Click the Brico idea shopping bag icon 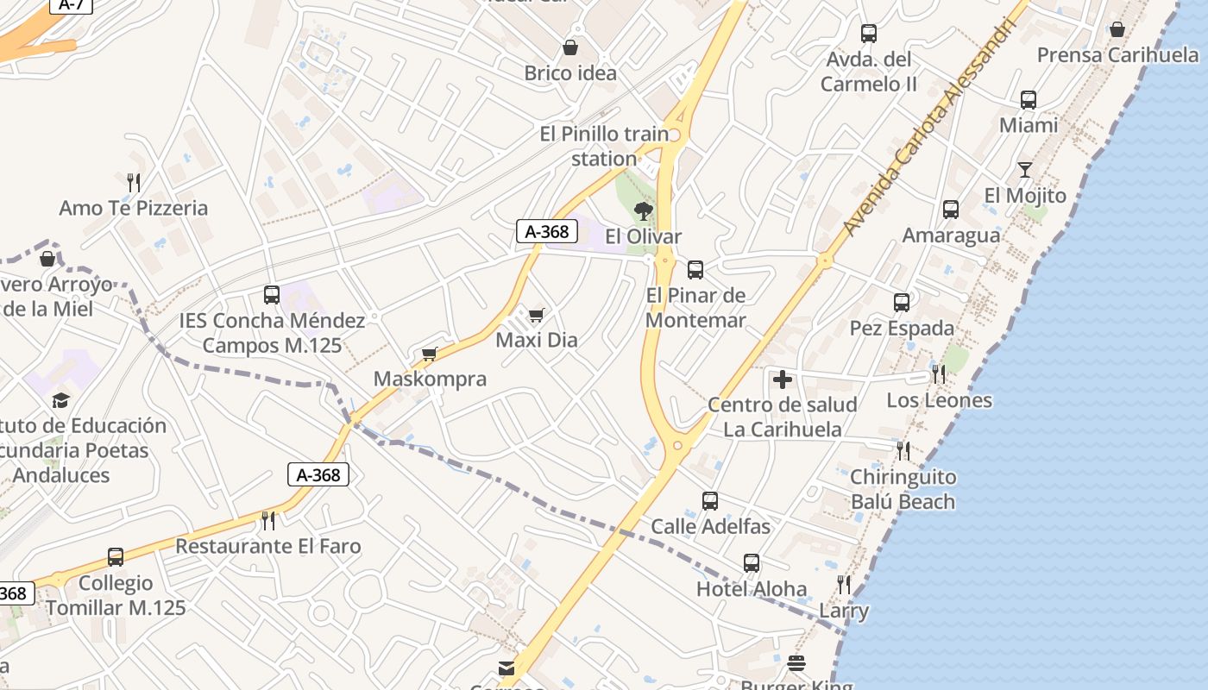tap(570, 47)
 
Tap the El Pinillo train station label tap(604, 147)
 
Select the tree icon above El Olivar tap(643, 210)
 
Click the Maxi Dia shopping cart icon tap(537, 315)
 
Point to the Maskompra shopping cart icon tap(430, 354)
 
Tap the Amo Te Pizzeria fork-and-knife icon tap(134, 182)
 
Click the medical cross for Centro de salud tap(783, 379)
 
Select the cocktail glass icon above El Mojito tap(1024, 170)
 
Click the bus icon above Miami tap(1028, 100)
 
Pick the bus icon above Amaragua tap(950, 210)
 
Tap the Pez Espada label tap(902, 329)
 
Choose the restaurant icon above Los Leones tap(938, 374)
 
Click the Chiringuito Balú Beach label tap(903, 489)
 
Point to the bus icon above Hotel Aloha tap(752, 563)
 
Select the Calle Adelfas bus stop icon tap(710, 501)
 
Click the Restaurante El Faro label tap(268, 546)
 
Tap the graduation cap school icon tap(60, 400)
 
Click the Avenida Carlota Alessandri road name tap(935, 124)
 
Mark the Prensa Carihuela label tap(1117, 55)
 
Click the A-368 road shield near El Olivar tap(547, 231)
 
